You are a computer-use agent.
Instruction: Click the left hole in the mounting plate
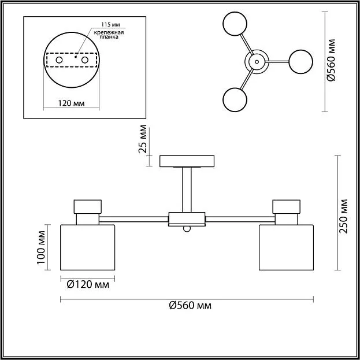(x=59, y=60)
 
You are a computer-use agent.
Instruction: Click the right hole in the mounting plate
(x=86, y=60)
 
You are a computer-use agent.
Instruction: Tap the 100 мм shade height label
(x=40, y=247)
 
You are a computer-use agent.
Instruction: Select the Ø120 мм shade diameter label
(x=86, y=284)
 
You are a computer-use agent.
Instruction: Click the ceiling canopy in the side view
(x=187, y=161)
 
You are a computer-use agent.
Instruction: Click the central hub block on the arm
(x=187, y=219)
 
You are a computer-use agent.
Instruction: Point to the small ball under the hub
(x=187, y=229)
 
